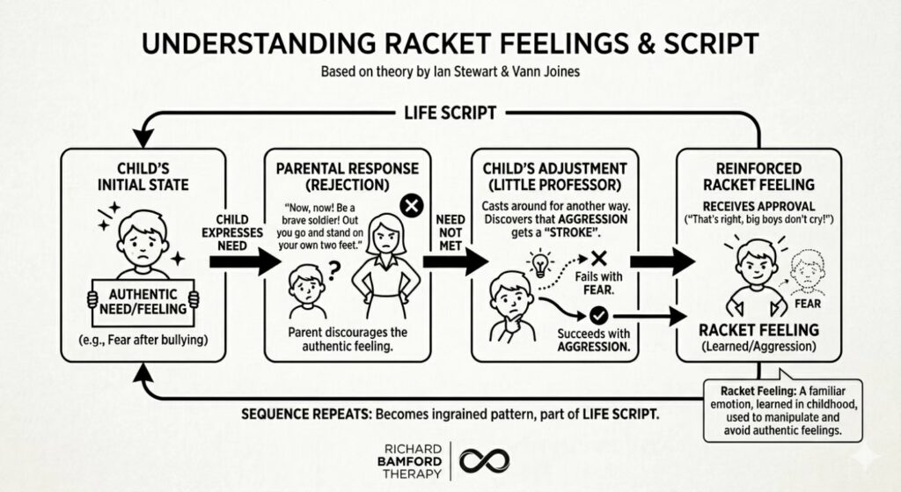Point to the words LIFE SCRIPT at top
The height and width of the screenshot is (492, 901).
[450, 113]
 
